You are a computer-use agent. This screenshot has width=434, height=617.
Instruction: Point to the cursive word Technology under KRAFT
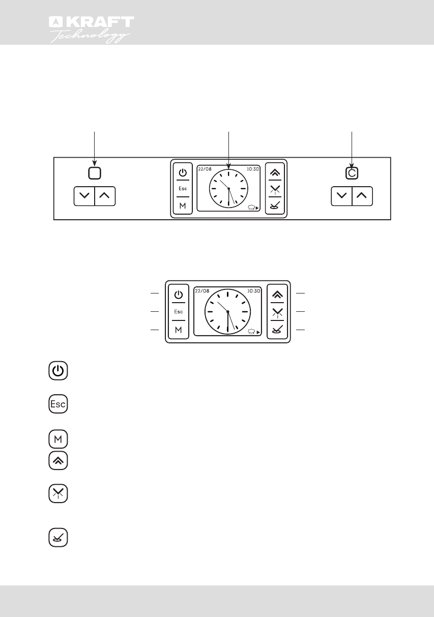click(x=91, y=37)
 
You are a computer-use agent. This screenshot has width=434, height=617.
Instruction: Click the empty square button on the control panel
click(x=94, y=173)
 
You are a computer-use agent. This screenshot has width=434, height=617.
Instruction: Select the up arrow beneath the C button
click(x=362, y=196)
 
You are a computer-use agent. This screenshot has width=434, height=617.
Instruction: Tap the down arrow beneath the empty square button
click(x=84, y=196)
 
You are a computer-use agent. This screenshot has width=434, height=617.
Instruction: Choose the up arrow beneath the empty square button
click(x=105, y=196)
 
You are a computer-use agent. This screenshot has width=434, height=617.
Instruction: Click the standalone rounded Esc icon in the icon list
click(x=59, y=404)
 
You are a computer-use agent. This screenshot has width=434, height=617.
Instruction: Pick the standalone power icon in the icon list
click(x=59, y=371)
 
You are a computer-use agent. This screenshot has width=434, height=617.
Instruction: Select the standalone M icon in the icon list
click(x=59, y=438)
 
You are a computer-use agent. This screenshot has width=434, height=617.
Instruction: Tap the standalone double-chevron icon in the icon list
click(x=59, y=461)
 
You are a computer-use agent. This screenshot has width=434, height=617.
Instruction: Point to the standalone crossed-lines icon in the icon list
click(x=59, y=494)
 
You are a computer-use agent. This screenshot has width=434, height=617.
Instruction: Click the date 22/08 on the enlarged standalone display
click(x=202, y=291)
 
